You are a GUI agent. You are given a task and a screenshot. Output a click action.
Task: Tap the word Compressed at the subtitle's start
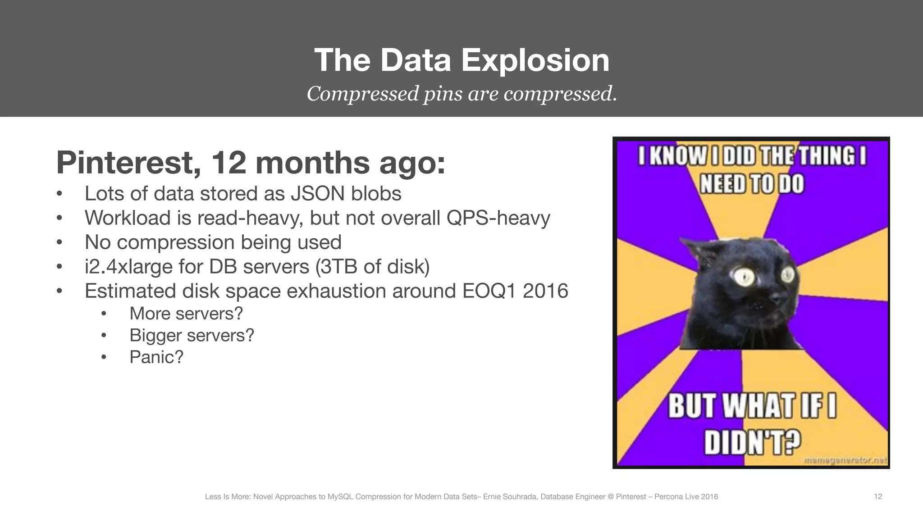(363, 94)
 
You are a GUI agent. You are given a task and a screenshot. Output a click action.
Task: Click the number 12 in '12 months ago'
(228, 163)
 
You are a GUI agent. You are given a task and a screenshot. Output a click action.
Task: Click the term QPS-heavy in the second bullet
(498, 218)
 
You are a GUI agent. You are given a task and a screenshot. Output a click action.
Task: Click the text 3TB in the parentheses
(337, 267)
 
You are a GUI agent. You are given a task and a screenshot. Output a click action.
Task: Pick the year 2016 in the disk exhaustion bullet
(545, 291)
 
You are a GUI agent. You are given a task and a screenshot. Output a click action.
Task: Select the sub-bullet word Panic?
(156, 357)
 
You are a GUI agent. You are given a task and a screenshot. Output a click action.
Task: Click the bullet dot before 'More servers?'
(104, 314)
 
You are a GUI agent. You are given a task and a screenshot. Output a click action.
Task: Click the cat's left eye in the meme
(745, 276)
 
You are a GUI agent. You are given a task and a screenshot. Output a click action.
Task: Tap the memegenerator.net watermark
(845, 460)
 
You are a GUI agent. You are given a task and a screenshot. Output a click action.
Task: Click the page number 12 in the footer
(877, 496)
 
